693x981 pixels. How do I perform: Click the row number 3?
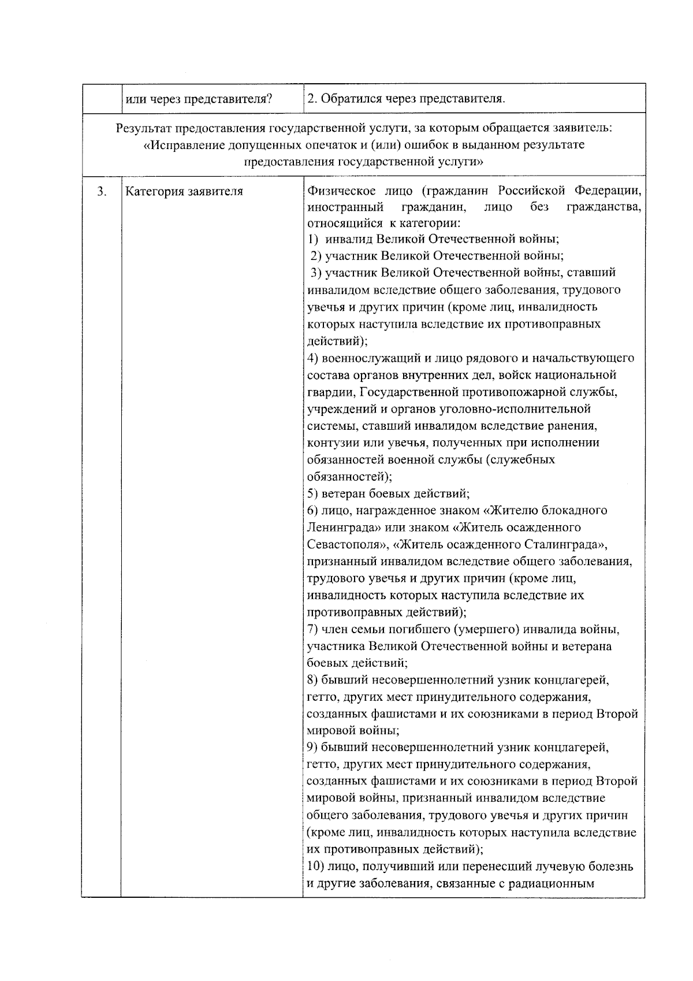pyautogui.click(x=101, y=192)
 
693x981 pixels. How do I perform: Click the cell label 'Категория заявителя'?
pyautogui.click(x=184, y=192)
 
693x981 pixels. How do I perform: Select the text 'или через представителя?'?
pyautogui.click(x=199, y=99)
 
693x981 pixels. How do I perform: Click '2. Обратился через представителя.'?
pyautogui.click(x=406, y=99)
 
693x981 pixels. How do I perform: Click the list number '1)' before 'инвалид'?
pyautogui.click(x=312, y=239)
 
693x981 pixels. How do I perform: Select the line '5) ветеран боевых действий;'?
pyautogui.click(x=388, y=494)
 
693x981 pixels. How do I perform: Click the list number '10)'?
pyautogui.click(x=315, y=867)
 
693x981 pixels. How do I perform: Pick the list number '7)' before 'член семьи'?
pyautogui.click(x=312, y=629)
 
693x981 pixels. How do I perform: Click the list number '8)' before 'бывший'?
pyautogui.click(x=312, y=680)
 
